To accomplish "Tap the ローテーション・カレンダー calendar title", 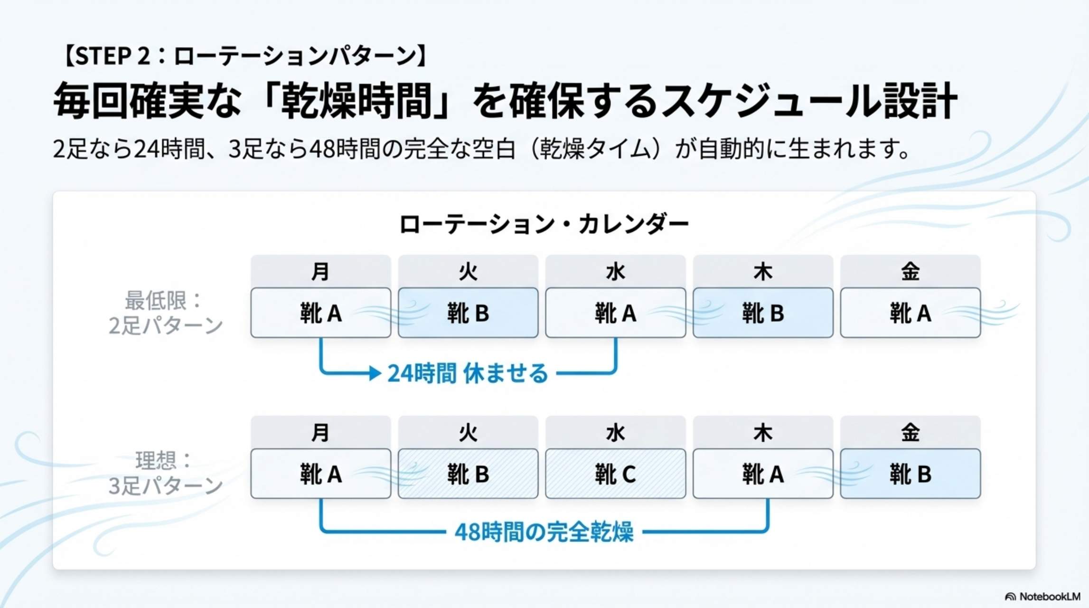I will [x=544, y=224].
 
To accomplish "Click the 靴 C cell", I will [x=615, y=474].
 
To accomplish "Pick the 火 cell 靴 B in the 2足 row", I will [x=468, y=313].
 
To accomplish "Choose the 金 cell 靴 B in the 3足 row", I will [x=910, y=474].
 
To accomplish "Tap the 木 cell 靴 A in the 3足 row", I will [x=762, y=474].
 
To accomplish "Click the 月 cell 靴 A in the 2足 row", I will [x=320, y=313].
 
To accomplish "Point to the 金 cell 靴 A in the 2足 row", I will [x=910, y=313].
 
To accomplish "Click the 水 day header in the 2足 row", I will [x=615, y=272].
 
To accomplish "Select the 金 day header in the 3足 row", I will [x=910, y=433].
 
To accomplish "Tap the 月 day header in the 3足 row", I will [x=320, y=433].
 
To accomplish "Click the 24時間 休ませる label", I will [x=468, y=373].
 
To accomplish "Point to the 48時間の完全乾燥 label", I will [x=544, y=532].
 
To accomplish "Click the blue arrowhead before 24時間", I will [x=376, y=373].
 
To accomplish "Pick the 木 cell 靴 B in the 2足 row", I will [x=762, y=313].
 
